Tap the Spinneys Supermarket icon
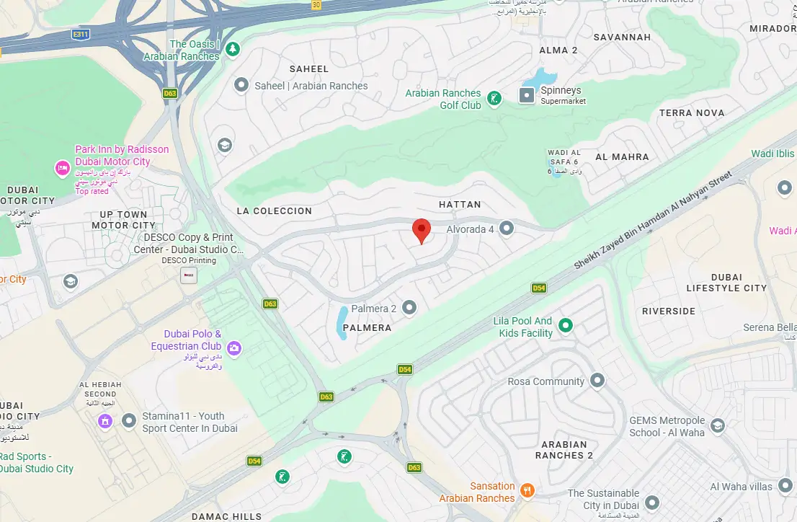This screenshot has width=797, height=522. click(528, 95)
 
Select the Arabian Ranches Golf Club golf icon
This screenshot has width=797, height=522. click(494, 99)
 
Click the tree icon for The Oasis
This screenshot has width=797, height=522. click(232, 50)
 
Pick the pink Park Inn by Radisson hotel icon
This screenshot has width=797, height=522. click(63, 169)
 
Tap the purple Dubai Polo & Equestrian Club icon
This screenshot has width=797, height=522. click(234, 348)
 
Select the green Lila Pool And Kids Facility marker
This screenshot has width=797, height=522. click(566, 326)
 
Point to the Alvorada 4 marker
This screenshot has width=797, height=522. click(507, 229)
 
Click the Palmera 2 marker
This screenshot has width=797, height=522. click(409, 308)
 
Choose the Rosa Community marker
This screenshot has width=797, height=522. click(597, 380)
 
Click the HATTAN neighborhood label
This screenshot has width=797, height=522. click(460, 205)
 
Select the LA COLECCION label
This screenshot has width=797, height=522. click(274, 211)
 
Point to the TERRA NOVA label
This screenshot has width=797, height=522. click(691, 112)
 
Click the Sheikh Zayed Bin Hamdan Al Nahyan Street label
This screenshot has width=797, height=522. click(652, 221)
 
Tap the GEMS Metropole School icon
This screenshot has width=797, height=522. click(717, 426)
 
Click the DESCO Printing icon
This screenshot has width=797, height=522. click(189, 275)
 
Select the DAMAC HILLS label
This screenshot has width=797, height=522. click(226, 516)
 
